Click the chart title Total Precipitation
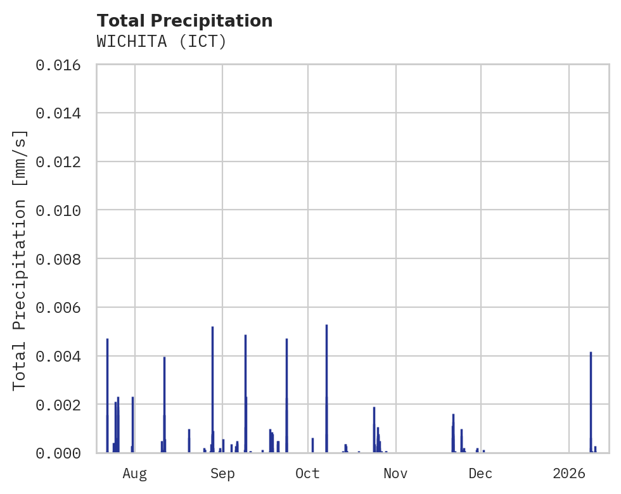point(184,21)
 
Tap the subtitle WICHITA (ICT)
point(162,42)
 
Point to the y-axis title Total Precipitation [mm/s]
point(20,259)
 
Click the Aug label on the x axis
point(135,474)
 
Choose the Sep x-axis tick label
point(222,474)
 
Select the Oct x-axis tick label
point(308,474)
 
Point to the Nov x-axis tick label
point(395,474)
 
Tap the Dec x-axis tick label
point(481,474)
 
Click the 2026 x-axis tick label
point(569,474)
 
